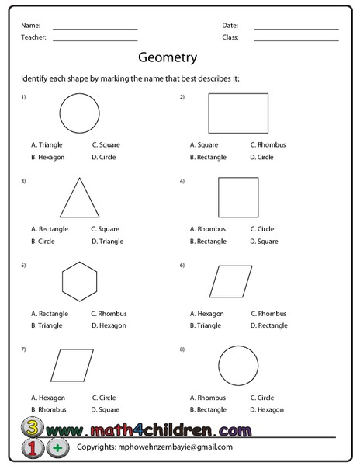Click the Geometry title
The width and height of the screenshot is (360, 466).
[x=167, y=57]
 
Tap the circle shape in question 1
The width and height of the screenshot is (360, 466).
[x=79, y=113]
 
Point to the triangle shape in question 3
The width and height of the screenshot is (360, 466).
[x=80, y=200]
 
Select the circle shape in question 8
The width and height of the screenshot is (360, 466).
[x=238, y=365]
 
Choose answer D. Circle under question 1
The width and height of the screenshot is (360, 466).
[x=103, y=157]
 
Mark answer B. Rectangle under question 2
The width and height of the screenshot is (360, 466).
[x=208, y=157]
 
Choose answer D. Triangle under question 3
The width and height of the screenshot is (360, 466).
[x=106, y=241]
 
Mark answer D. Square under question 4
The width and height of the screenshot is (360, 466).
[x=264, y=241]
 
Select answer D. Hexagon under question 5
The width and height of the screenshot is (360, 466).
[x=108, y=325]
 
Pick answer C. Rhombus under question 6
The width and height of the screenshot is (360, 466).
[x=268, y=313]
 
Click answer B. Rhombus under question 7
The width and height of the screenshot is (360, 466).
[x=48, y=409]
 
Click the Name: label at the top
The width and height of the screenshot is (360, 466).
[x=31, y=25]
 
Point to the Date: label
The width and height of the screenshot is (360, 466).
[x=230, y=25]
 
